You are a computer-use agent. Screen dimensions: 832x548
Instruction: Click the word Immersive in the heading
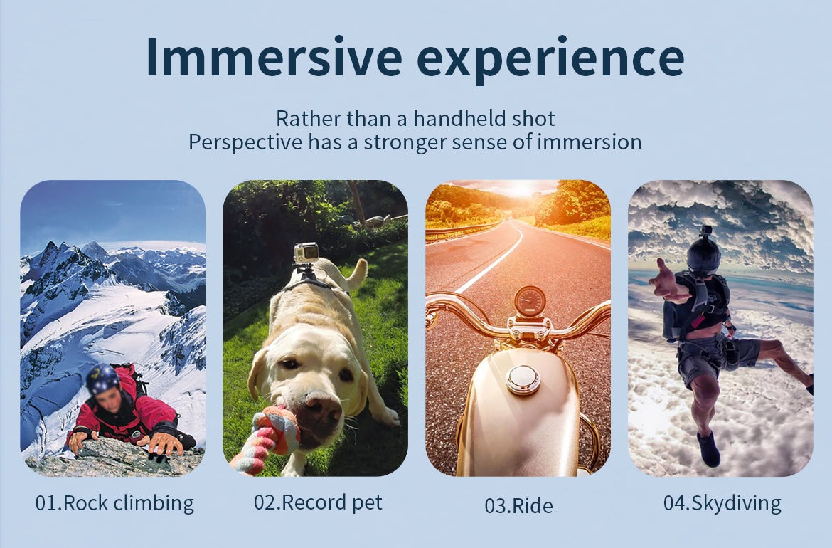click(274, 58)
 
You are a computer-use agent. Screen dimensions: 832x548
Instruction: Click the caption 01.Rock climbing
click(114, 503)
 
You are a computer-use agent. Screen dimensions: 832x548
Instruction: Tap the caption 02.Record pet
click(318, 502)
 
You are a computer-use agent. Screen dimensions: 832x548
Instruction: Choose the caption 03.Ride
click(518, 505)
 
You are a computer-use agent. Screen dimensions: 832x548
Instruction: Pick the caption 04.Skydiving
click(722, 503)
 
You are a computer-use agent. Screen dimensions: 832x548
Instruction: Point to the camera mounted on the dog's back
click(306, 253)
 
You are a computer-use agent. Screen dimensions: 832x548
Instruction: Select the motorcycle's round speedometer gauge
click(530, 302)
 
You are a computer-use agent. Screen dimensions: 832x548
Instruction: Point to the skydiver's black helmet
click(703, 256)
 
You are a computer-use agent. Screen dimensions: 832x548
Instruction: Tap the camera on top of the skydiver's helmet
click(705, 231)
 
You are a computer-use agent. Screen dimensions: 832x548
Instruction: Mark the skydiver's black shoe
click(708, 449)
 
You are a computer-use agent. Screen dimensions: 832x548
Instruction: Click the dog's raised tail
click(356, 273)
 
